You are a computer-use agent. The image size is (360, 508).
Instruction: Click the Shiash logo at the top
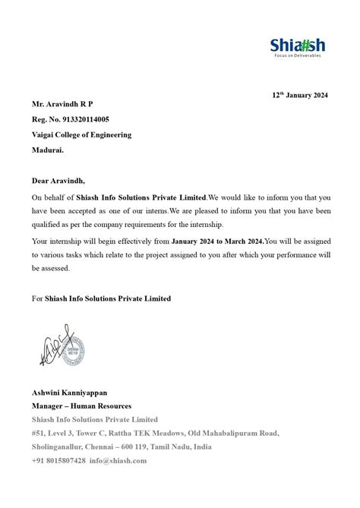295,44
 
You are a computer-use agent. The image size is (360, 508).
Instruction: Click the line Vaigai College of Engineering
81,134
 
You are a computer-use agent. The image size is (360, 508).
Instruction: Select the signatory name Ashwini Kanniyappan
75,393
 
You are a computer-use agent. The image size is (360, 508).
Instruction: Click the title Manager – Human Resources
81,406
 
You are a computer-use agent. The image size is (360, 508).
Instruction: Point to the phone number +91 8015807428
58,461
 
